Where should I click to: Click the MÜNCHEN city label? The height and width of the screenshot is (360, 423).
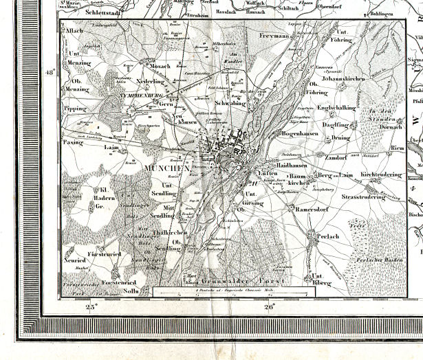[167, 168]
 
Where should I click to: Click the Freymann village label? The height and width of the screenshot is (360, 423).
[274, 34]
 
